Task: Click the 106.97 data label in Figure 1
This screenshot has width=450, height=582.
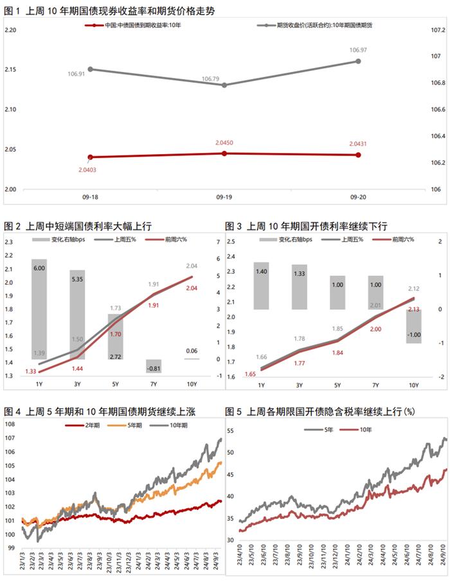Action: tap(357, 49)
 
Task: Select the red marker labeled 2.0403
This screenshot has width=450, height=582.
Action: tap(90, 157)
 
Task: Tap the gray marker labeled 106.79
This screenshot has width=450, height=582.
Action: tap(224, 85)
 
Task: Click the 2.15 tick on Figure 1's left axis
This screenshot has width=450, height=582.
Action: tap(10, 69)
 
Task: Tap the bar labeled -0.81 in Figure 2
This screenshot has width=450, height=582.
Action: tap(154, 366)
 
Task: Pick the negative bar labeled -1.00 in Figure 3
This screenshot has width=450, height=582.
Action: tap(413, 326)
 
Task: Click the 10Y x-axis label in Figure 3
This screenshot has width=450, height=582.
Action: tap(413, 385)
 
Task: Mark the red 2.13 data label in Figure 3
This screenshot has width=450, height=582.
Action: tap(414, 310)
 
